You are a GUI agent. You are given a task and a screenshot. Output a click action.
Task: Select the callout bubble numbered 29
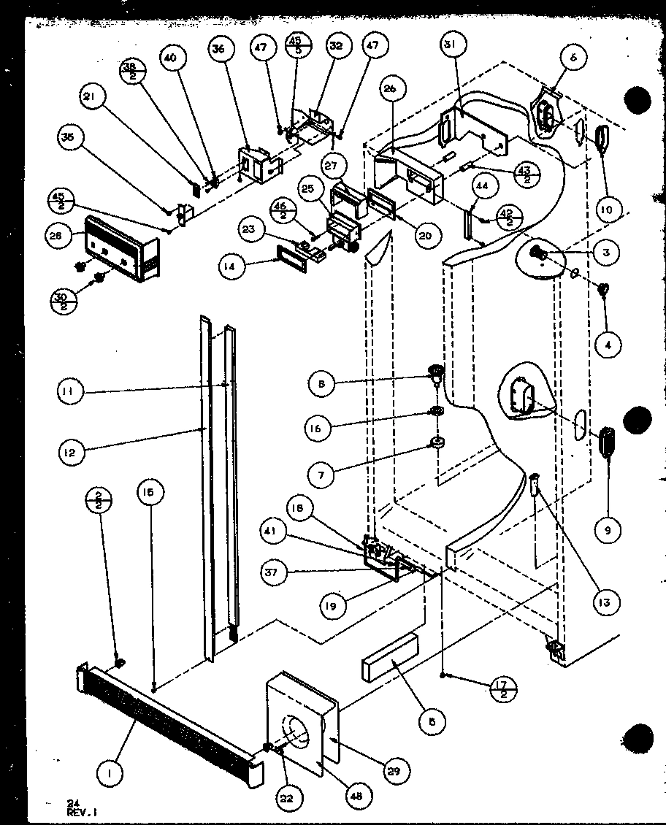point(399,770)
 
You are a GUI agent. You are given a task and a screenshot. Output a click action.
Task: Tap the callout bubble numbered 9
point(608,531)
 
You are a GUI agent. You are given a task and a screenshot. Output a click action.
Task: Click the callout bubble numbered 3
point(606,253)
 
